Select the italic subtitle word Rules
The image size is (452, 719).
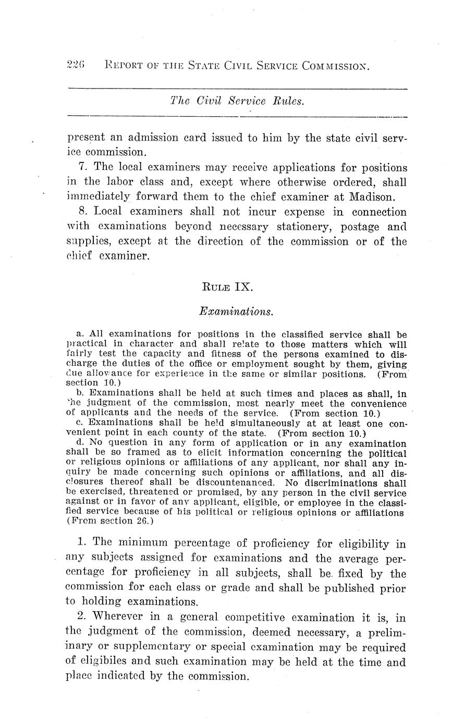tap(288, 102)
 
